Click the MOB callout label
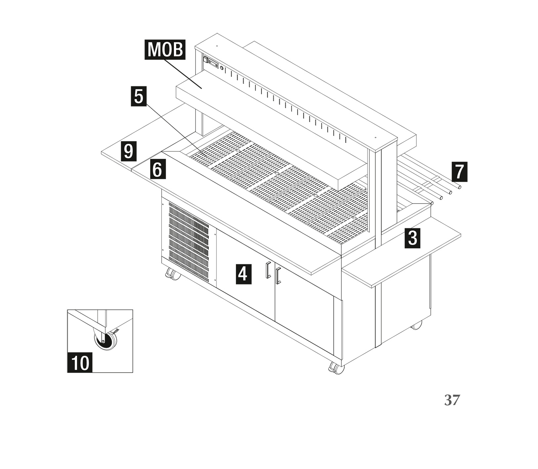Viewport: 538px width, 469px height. (165, 50)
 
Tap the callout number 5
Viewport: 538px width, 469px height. (139, 96)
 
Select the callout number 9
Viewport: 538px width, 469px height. (128, 151)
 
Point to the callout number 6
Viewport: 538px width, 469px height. (157, 169)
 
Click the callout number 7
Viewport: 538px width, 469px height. (460, 172)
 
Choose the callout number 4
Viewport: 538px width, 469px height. (243, 274)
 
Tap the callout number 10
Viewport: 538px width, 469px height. (80, 362)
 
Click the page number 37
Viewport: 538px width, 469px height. (452, 400)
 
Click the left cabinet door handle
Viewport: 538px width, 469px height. (268, 270)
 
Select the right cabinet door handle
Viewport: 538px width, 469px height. (278, 275)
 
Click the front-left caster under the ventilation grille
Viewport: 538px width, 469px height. (173, 274)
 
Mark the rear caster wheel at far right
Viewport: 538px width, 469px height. (417, 325)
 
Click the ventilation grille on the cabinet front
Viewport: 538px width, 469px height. (189, 242)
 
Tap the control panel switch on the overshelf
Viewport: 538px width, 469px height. (205, 60)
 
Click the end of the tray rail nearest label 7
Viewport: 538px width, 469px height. (459, 187)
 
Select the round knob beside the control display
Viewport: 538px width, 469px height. (222, 69)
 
